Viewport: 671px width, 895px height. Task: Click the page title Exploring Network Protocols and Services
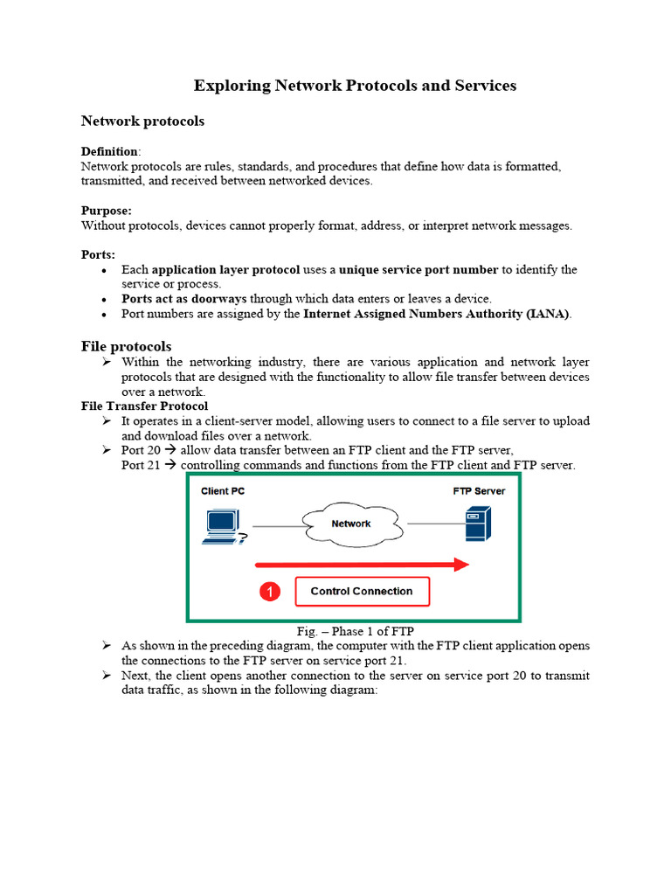tap(355, 86)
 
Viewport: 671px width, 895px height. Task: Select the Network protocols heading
tap(142, 121)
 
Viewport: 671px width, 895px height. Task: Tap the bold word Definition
tap(109, 151)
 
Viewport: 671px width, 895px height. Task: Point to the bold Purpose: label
tap(107, 211)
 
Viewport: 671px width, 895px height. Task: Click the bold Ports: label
tap(98, 254)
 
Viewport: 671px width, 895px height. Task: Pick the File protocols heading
tap(126, 347)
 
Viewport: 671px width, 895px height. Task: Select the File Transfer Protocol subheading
tap(144, 406)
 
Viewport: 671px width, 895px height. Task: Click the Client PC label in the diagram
tap(223, 491)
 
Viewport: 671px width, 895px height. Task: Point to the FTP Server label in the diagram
tap(479, 491)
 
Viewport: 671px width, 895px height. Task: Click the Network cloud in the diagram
tap(351, 524)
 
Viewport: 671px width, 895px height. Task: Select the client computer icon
tap(222, 526)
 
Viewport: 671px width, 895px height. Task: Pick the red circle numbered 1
tap(270, 593)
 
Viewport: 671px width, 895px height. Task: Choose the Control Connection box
tap(362, 592)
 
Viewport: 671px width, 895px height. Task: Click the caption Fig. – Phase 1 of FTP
tap(355, 631)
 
